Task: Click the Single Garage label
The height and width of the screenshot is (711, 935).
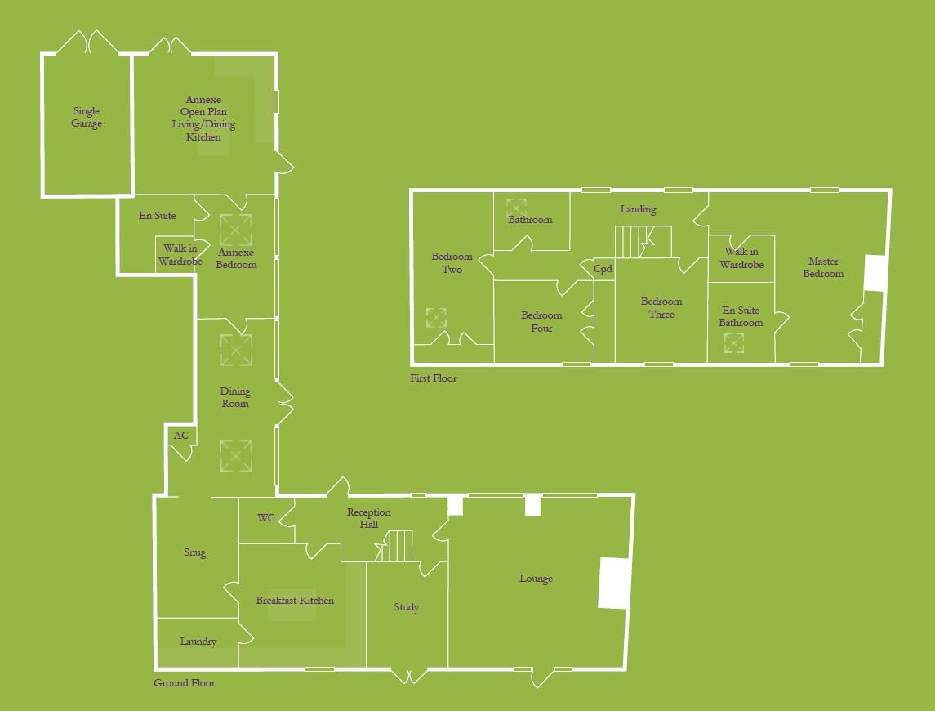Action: click(x=87, y=118)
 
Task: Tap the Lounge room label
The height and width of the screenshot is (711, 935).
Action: click(x=536, y=579)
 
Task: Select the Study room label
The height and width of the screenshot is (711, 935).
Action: click(x=406, y=607)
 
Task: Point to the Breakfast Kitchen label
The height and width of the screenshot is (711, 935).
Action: click(x=295, y=601)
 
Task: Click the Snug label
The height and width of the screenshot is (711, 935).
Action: click(x=194, y=553)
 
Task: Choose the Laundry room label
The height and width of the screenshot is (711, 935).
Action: click(x=198, y=642)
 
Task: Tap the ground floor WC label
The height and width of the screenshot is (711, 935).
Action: click(x=266, y=518)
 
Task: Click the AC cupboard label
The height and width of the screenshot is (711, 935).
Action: click(x=180, y=436)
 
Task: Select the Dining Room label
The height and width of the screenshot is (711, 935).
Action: click(x=235, y=397)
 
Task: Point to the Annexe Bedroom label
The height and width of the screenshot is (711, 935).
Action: click(x=235, y=258)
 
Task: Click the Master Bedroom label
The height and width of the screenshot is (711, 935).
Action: click(x=823, y=267)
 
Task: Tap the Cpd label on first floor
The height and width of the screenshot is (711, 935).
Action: click(x=603, y=270)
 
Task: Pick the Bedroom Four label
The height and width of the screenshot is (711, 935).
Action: click(x=541, y=321)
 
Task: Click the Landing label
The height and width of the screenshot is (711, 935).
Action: click(x=638, y=209)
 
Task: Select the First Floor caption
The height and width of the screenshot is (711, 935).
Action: click(x=434, y=378)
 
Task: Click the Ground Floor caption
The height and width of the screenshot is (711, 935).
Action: click(x=185, y=683)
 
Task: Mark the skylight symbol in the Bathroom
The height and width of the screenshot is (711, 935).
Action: click(x=516, y=208)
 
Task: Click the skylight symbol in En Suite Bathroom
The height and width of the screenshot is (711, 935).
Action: click(x=733, y=344)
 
